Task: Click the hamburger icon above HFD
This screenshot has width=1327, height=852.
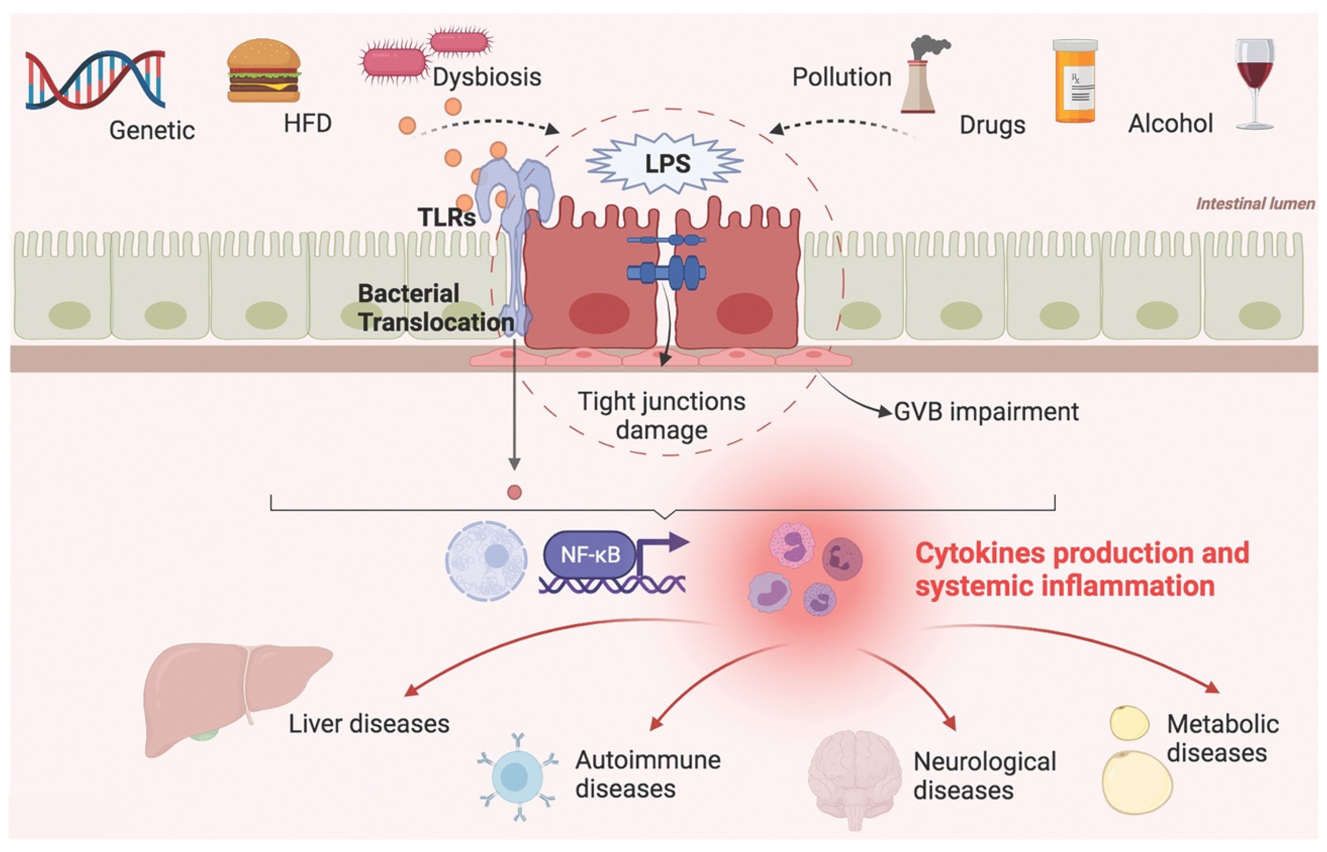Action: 264,70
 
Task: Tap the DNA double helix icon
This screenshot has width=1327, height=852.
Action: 95,79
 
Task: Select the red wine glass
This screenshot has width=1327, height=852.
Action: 1254,83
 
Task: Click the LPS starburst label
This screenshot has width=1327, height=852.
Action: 666,163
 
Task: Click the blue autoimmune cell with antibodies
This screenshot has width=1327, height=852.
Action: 517,776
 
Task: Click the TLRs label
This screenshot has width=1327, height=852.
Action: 447,217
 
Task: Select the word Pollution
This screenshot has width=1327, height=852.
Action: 842,77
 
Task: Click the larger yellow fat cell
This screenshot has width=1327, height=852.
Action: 1137,782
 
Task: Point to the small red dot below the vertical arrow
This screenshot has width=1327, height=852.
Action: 514,492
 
